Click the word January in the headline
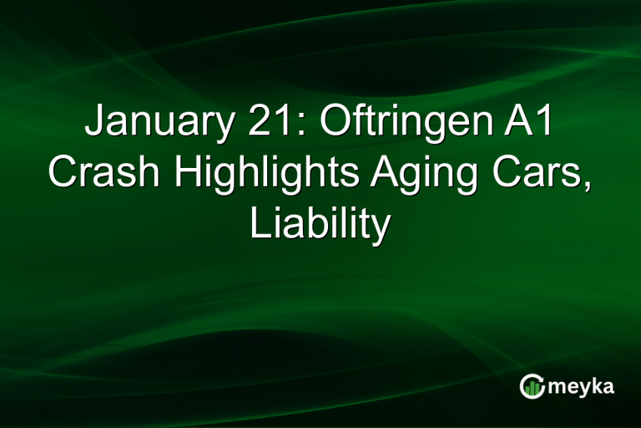(x=154, y=128)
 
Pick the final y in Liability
(x=381, y=227)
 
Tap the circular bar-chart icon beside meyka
(x=532, y=385)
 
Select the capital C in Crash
(x=63, y=174)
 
